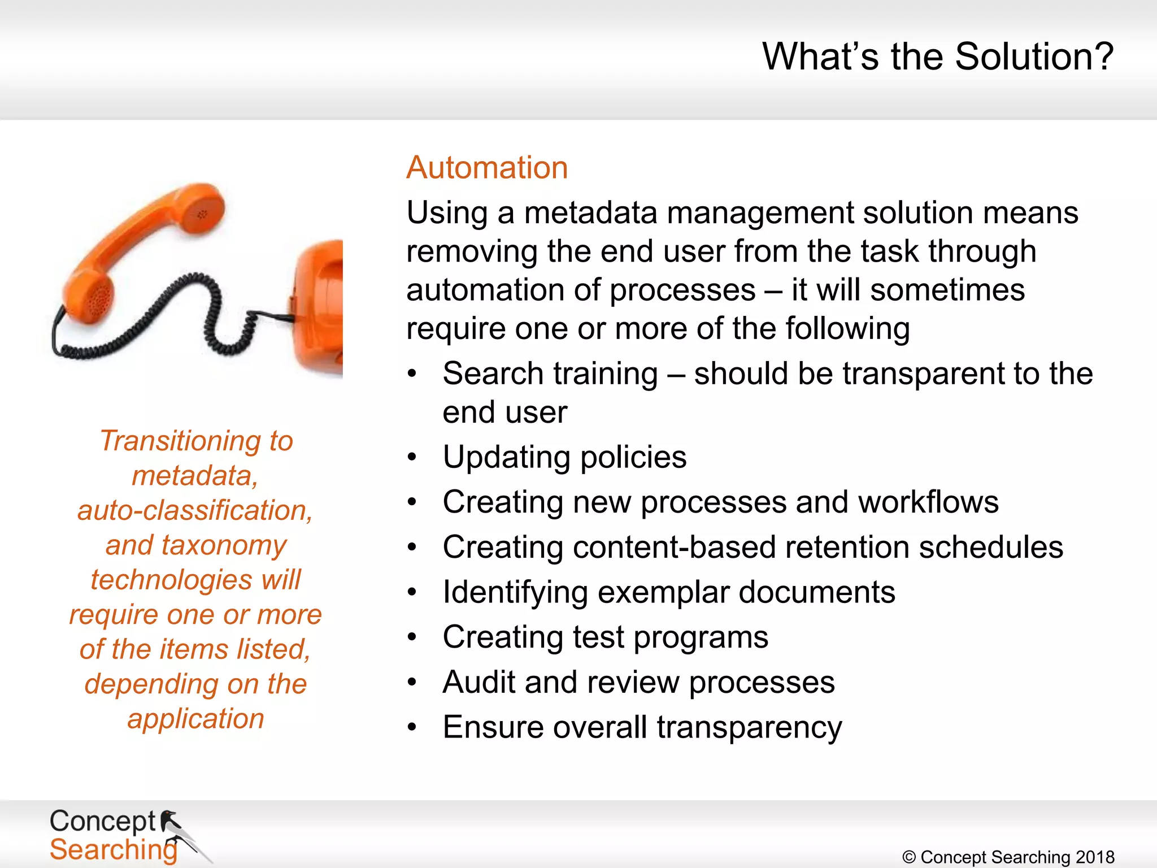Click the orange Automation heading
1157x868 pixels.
[x=486, y=168]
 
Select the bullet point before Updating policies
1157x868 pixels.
[x=412, y=457]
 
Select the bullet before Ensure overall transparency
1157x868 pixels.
[x=412, y=727]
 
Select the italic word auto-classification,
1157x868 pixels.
[x=195, y=510]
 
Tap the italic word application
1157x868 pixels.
[x=195, y=719]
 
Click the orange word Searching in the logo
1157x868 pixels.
[x=113, y=850]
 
